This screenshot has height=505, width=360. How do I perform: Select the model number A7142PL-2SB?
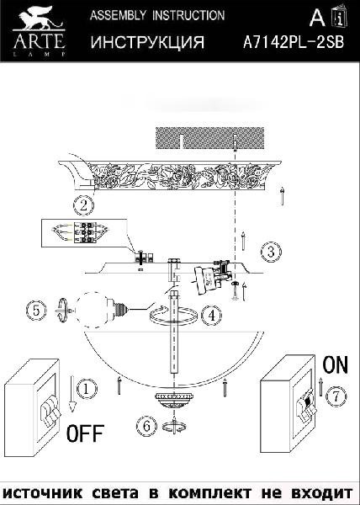pyautogui.click(x=294, y=42)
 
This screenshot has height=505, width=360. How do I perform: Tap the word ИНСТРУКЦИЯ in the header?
pyautogui.click(x=147, y=42)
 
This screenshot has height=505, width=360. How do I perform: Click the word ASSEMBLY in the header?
pyautogui.click(x=118, y=15)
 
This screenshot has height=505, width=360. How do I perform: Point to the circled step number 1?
pyautogui.click(x=86, y=389)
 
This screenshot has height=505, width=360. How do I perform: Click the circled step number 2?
pyautogui.click(x=83, y=205)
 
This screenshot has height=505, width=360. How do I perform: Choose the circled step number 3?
pyautogui.click(x=271, y=251)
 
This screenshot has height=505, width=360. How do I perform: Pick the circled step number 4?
pyautogui.click(x=211, y=316)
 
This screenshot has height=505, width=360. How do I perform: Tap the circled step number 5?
pyautogui.click(x=36, y=311)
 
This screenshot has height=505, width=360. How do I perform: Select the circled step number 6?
pyautogui.click(x=146, y=427)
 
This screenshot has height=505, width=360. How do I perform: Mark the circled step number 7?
pyautogui.click(x=336, y=396)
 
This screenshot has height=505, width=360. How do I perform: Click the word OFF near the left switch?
pyautogui.click(x=85, y=433)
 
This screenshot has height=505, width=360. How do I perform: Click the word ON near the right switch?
pyautogui.click(x=336, y=364)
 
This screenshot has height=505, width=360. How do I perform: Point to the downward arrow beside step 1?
pyautogui.click(x=72, y=394)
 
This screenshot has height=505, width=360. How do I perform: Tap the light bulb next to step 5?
pyautogui.click(x=101, y=310)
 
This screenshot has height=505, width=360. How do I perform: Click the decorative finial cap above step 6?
pyautogui.click(x=174, y=401)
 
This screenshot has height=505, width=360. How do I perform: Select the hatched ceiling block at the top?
pyautogui.click(x=209, y=138)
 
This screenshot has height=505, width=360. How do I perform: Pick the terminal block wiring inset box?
pyautogui.click(x=84, y=233)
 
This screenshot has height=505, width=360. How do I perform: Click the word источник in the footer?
pyautogui.click(x=42, y=493)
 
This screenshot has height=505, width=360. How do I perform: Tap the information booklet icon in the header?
pyautogui.click(x=339, y=15)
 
